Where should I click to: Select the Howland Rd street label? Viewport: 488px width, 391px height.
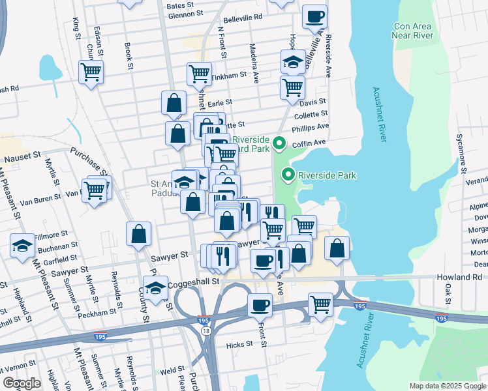[x=459, y=277]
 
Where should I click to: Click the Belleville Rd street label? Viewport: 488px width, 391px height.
[x=242, y=18]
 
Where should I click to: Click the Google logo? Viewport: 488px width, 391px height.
[x=22, y=383]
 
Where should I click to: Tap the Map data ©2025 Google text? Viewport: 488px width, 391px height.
[x=448, y=386]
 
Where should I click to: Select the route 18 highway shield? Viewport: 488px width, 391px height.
[x=206, y=332]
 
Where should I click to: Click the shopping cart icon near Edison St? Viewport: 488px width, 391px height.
[x=91, y=71]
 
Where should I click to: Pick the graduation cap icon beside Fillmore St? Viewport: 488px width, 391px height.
[x=23, y=245]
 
